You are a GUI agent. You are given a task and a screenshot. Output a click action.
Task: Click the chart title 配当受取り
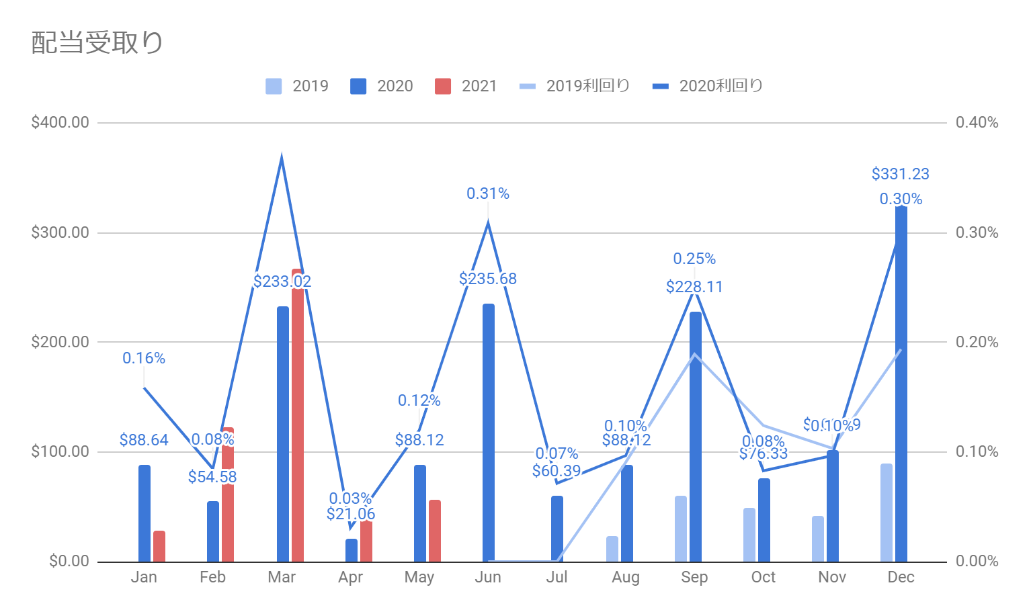[x=97, y=42]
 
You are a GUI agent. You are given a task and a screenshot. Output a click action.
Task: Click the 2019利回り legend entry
[x=575, y=86]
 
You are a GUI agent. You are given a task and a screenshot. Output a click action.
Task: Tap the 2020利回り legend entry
[x=708, y=86]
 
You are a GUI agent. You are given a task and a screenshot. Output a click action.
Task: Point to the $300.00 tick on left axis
[x=60, y=232]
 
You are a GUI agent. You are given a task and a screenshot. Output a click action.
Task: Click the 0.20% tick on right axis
[x=977, y=342]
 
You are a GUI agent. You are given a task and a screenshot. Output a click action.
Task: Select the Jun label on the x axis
[x=488, y=578]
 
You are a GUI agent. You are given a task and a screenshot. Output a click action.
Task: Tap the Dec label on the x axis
[x=901, y=578]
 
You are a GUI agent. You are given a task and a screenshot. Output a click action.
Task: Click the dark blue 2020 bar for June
[x=489, y=433]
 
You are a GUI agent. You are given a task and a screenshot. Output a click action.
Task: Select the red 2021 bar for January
[x=159, y=546]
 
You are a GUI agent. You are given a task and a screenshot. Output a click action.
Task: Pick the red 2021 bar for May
[x=435, y=531]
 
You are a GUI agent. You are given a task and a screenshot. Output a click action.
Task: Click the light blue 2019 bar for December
[x=887, y=513]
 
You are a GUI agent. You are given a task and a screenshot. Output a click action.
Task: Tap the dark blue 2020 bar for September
[x=695, y=437]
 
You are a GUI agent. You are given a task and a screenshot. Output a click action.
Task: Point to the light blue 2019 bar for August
[x=612, y=549]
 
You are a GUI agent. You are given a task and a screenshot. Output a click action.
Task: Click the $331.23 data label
[x=900, y=174]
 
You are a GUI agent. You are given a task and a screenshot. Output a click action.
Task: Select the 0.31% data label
[x=488, y=193]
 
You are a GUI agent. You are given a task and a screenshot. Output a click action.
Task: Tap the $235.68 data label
[x=488, y=279]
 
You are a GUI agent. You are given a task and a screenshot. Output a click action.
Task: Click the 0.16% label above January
[x=144, y=358]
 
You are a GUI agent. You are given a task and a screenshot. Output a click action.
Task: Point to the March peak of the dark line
[x=282, y=157]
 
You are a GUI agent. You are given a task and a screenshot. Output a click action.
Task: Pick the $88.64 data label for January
[x=144, y=440]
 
